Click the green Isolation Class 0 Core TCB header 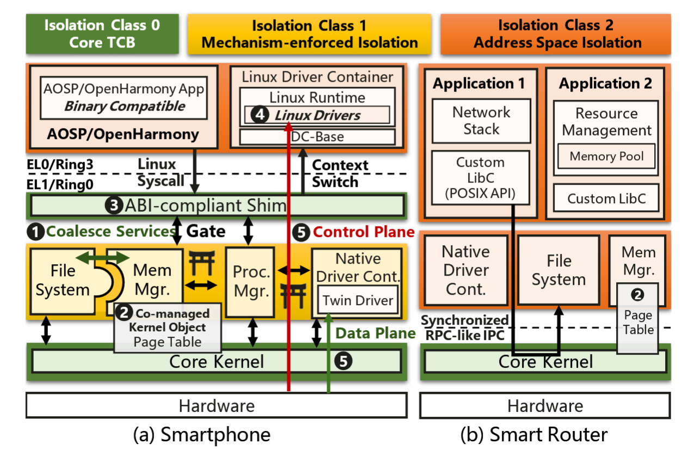(x=102, y=34)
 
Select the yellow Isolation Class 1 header (x=309, y=34)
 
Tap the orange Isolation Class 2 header (x=555, y=34)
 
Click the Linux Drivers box (x=317, y=115)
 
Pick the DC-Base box (x=317, y=136)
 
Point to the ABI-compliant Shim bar (x=217, y=205)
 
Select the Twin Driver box (x=358, y=301)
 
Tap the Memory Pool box (x=606, y=157)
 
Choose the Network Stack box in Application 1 (x=481, y=121)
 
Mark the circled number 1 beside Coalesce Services (x=36, y=232)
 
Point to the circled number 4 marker (x=259, y=115)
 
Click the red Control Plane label (x=364, y=232)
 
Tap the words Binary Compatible (x=125, y=106)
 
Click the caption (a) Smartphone (x=201, y=435)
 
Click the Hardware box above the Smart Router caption (x=545, y=406)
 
